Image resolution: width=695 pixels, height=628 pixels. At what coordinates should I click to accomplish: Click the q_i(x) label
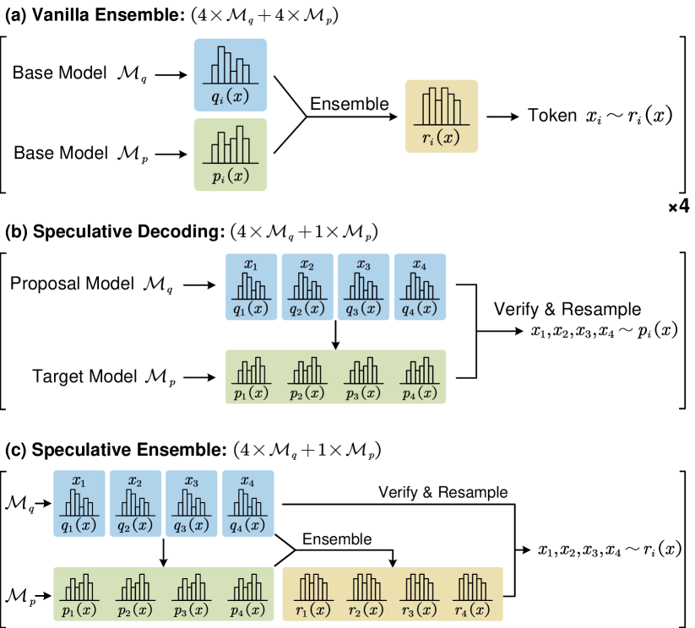pos(231,97)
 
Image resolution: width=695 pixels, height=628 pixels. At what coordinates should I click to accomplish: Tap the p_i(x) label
pos(231,176)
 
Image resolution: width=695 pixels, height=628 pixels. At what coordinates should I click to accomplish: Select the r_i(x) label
pos(442,139)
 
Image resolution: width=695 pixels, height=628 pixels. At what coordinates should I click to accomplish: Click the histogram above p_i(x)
pos(231,144)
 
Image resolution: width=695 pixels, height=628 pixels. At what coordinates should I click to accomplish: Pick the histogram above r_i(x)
pos(442,106)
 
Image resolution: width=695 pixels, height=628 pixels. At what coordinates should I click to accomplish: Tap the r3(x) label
pos(420,610)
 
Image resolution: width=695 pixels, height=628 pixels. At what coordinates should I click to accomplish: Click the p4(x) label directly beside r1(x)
pos(247,610)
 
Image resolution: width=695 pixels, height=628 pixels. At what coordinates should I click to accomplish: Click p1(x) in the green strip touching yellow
pos(79,610)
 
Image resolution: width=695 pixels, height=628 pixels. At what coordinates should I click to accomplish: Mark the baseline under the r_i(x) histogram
pos(442,125)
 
